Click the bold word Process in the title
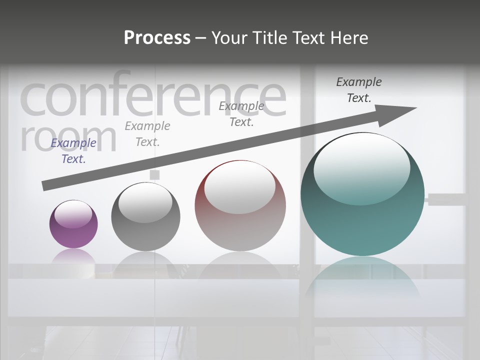click(x=157, y=37)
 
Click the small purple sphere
click(x=73, y=224)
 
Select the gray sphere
click(x=145, y=216)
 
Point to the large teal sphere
click(x=362, y=194)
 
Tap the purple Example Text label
click(x=73, y=151)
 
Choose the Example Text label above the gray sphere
click(x=147, y=134)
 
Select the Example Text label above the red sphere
click(x=241, y=114)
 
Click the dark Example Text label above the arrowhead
click(x=359, y=90)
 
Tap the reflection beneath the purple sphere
click(x=73, y=256)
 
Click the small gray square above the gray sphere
click(x=154, y=174)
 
